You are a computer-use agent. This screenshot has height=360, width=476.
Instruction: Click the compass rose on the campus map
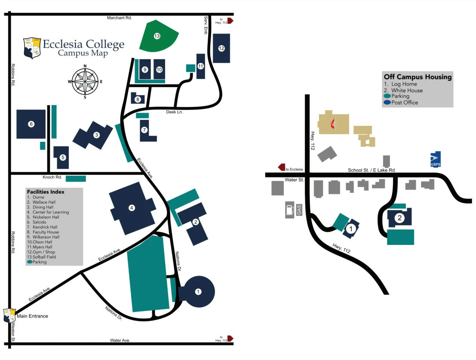point(85,82)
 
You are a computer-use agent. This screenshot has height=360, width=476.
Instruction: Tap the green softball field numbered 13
point(157,36)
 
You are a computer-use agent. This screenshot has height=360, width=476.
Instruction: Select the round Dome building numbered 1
point(197,292)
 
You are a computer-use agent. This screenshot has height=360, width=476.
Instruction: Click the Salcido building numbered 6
point(31,124)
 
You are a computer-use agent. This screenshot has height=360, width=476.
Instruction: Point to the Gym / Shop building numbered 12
point(221,48)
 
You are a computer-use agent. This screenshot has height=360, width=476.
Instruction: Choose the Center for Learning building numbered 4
point(132,208)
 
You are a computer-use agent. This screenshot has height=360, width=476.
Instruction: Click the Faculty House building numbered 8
point(138,99)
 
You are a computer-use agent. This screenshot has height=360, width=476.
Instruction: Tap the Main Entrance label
point(32,316)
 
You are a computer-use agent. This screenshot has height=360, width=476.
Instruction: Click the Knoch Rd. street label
point(52,177)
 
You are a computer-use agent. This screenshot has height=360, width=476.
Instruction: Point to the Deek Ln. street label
point(175,112)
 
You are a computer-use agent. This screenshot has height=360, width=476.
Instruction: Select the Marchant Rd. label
point(119,18)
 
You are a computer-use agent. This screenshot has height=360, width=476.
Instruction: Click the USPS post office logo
point(436,159)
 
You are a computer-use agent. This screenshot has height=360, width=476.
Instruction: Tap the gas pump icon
point(289,210)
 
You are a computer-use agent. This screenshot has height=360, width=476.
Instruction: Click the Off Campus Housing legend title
point(418,77)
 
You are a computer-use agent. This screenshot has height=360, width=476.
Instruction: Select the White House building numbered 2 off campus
point(400,218)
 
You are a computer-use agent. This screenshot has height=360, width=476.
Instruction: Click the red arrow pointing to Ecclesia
point(283,167)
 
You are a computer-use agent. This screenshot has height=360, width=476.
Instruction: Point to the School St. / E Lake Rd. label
point(372,170)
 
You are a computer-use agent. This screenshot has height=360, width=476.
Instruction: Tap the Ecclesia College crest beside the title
point(32,48)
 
